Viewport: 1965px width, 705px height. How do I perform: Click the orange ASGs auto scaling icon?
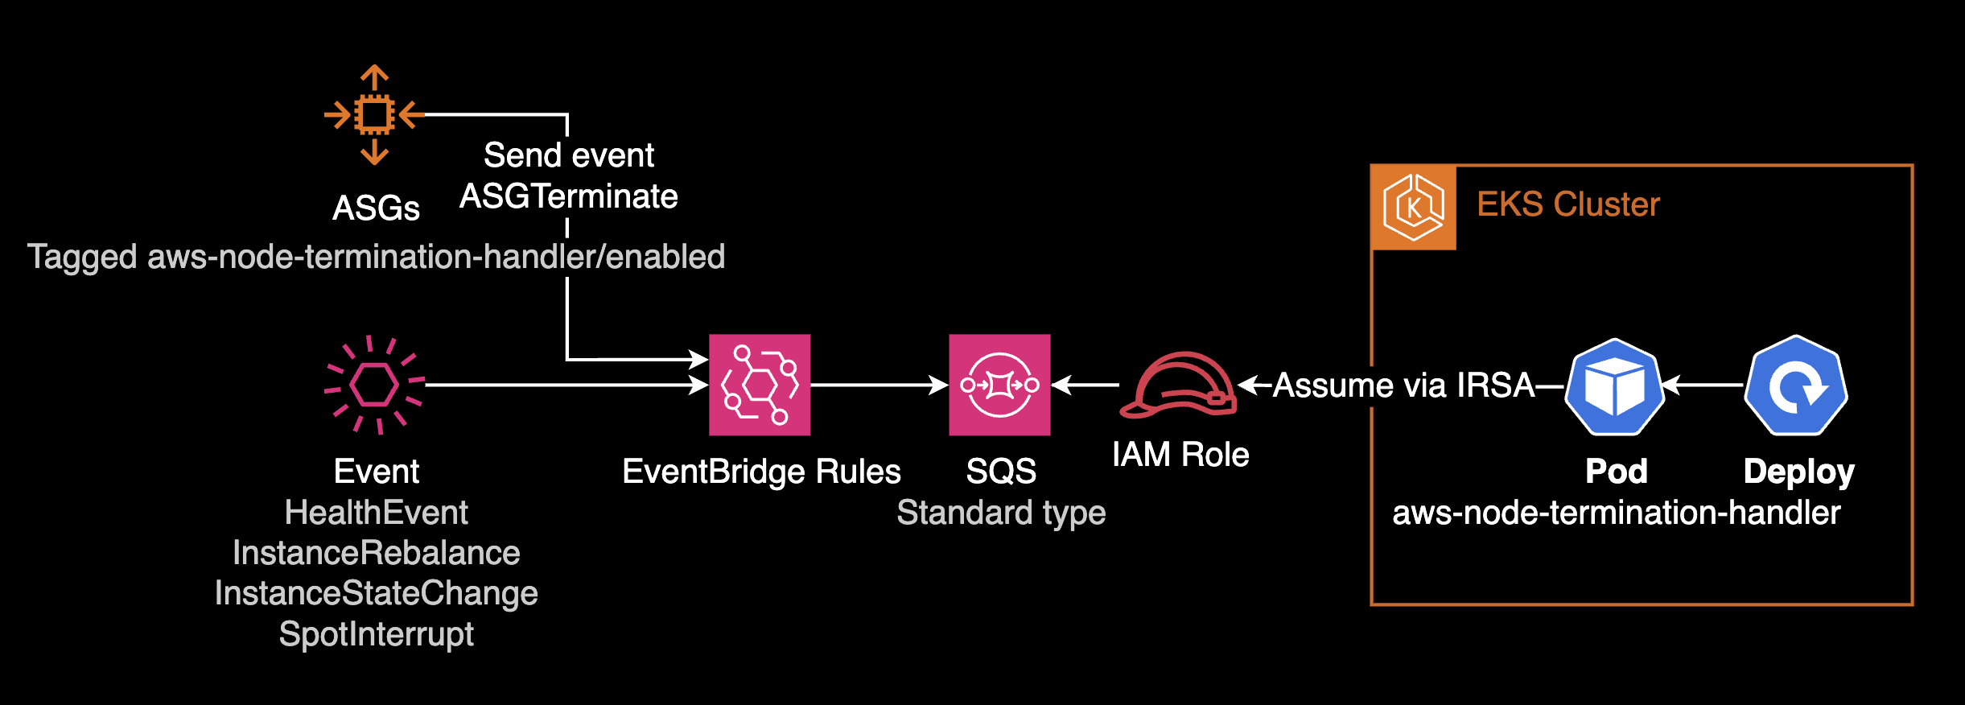point(374,115)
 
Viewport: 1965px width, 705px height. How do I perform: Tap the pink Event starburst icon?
point(374,385)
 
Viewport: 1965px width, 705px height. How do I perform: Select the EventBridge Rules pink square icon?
point(760,385)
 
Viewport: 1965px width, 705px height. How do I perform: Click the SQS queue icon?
point(999,385)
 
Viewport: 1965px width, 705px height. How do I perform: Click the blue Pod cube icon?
point(1614,386)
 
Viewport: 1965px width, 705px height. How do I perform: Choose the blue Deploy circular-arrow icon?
point(1796,386)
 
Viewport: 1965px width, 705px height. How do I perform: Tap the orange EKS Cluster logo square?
point(1414,208)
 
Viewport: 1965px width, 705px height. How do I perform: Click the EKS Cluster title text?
point(1567,204)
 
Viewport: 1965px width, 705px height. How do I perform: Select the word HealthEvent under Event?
point(376,513)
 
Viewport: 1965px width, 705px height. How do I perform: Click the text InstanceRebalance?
point(376,553)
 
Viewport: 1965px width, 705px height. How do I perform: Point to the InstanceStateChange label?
point(376,593)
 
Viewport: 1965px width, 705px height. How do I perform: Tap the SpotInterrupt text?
point(376,634)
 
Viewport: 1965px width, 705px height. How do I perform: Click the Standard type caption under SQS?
point(1001,513)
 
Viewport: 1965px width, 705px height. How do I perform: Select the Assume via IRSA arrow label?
point(1403,385)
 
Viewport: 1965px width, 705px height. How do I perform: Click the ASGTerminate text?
point(568,196)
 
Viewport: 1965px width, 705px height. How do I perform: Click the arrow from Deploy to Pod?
point(1703,385)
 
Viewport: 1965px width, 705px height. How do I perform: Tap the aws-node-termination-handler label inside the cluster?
point(1616,513)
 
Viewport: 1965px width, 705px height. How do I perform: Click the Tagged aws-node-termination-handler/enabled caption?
point(376,257)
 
